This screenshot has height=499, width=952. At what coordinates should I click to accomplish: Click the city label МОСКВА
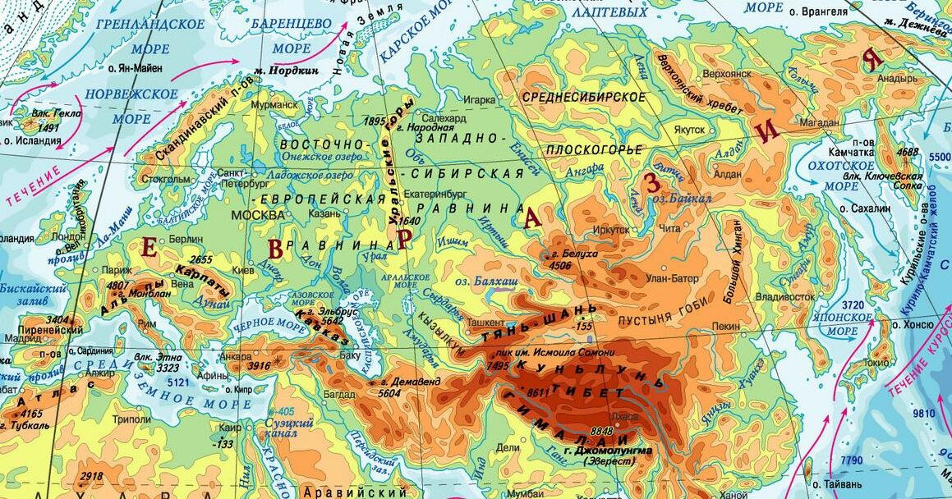click(257, 215)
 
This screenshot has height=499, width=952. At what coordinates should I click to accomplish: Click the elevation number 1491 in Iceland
click(49, 128)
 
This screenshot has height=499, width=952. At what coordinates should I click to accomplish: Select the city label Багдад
click(338, 395)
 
